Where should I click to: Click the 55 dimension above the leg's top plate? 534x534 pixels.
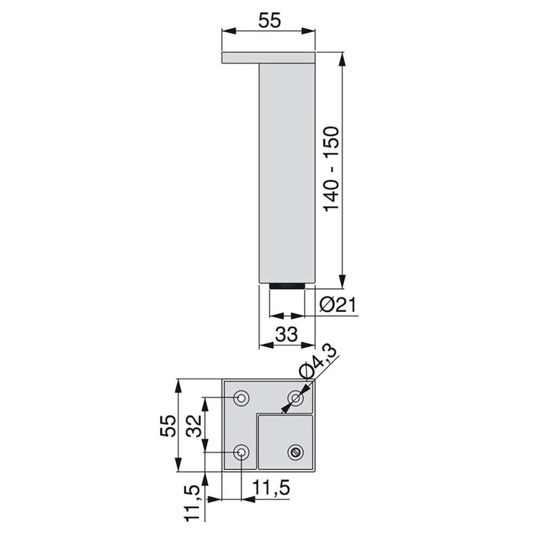(x=269, y=21)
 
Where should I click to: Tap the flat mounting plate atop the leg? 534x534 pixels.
(x=269, y=58)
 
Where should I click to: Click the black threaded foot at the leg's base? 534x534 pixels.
(x=288, y=287)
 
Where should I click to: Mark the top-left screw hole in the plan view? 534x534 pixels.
(x=242, y=397)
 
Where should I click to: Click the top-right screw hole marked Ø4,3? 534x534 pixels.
(x=296, y=397)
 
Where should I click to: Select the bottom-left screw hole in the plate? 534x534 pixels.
(x=242, y=452)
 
